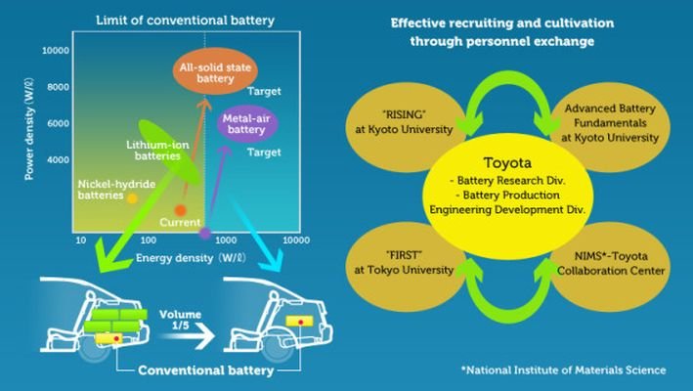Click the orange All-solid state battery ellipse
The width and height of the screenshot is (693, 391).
tap(215, 73)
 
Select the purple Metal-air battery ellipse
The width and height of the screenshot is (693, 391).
tap(247, 124)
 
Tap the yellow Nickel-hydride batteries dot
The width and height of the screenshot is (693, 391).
tap(132, 197)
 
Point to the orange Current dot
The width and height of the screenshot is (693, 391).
tap(180, 210)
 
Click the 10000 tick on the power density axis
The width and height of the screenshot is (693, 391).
tap(56, 51)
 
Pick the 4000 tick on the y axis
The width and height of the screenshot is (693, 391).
tap(58, 159)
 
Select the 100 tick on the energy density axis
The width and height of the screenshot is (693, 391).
tap(148, 239)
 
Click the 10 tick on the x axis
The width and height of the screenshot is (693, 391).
tap(81, 239)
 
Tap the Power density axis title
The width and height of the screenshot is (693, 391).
tap(29, 129)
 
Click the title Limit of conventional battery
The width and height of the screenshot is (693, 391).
tap(185, 21)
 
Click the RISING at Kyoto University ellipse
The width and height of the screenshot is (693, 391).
tap(405, 126)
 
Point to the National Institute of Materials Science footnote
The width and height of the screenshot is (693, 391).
tap(564, 369)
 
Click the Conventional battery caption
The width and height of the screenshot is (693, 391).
tap(206, 370)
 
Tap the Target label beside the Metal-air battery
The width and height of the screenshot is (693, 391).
tap(264, 152)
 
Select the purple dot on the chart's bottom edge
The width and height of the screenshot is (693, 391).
tap(204, 233)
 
